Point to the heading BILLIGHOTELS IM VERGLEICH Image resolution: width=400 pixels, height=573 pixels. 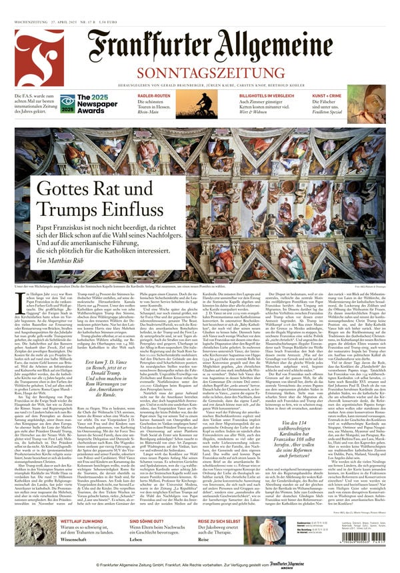coord(249,95)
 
